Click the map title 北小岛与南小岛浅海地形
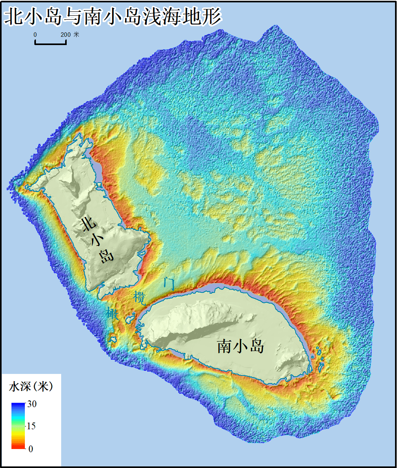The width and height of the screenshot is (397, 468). tap(112, 17)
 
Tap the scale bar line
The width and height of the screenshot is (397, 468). tap(51, 43)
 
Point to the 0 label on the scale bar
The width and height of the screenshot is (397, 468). tap(35, 35)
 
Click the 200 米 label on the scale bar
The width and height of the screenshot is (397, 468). tap(70, 35)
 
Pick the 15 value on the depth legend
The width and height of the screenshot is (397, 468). tap(31, 426)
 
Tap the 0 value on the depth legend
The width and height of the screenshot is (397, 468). tap(31, 449)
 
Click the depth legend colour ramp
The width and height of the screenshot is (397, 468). tap(18, 426)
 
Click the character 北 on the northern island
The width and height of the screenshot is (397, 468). tap(89, 224)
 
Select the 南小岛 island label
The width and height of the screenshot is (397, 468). tap(240, 347)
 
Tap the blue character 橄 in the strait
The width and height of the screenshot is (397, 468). tap(112, 313)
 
